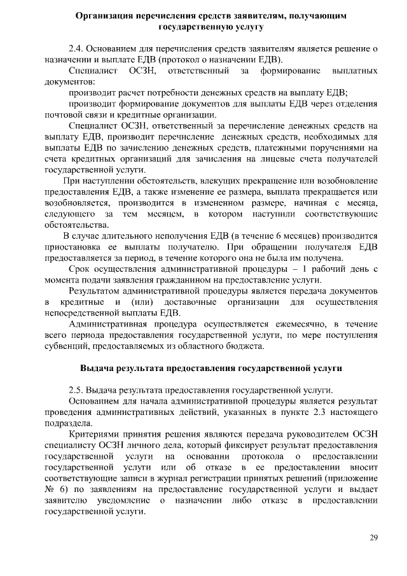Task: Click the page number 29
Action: click(x=374, y=538)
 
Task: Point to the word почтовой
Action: click(x=66, y=115)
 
